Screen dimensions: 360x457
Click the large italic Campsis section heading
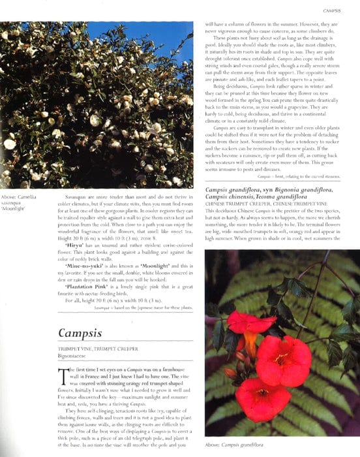coord(80,334)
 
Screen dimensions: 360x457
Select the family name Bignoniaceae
coord(74,356)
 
